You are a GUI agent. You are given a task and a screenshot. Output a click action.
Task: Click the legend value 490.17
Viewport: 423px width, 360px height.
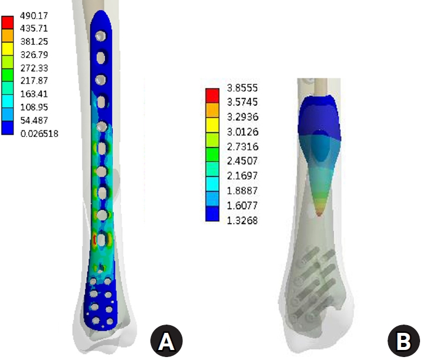click(34, 16)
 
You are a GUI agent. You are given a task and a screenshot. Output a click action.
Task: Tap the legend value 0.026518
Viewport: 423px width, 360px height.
click(40, 133)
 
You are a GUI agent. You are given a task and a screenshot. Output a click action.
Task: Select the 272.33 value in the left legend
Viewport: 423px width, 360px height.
click(34, 68)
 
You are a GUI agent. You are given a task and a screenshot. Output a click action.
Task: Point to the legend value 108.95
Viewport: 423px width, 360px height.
click(34, 107)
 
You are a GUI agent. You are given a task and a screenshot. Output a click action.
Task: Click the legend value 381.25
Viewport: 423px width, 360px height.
click(34, 41)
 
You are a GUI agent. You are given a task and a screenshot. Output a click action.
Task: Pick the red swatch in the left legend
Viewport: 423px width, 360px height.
click(7, 22)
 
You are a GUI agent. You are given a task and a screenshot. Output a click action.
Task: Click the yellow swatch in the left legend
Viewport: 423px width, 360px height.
click(7, 49)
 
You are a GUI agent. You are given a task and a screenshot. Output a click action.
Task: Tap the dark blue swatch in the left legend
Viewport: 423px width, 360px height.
click(7, 128)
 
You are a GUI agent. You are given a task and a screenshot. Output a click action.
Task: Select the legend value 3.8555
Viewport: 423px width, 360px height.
click(242, 88)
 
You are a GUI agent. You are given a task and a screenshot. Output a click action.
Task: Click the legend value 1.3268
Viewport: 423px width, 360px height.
click(242, 221)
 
